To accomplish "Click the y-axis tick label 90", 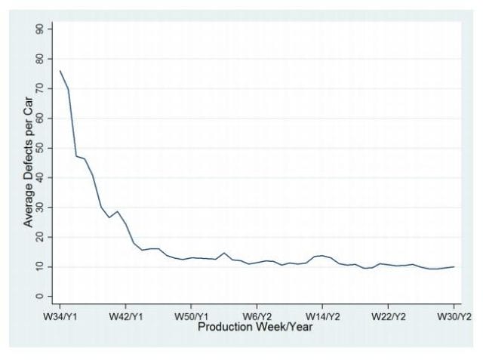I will (x=39, y=29).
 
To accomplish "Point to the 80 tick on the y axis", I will (x=39, y=59).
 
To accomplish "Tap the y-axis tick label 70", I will (x=39, y=88).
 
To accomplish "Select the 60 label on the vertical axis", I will (x=39, y=118).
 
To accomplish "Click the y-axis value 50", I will (x=39, y=148).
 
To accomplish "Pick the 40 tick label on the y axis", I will (x=39, y=177).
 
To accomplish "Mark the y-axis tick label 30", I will (x=39, y=208).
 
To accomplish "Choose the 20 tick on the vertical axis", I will (x=39, y=237).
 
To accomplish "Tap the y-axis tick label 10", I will (x=39, y=266).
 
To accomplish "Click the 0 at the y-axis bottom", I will (x=39, y=297).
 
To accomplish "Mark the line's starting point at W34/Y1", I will (x=60, y=71).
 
